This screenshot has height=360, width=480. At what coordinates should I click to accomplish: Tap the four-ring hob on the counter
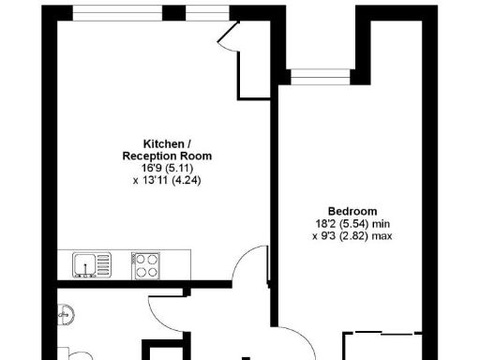point(145,264)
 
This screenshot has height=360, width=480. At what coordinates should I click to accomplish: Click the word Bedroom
point(352,211)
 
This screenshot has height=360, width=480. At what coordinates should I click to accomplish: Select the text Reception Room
point(168,156)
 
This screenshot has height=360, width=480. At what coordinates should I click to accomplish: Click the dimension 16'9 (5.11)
point(168,168)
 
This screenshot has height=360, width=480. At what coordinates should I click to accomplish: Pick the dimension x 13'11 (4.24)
point(168,180)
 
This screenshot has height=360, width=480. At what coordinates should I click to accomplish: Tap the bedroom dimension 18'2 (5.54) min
point(352,224)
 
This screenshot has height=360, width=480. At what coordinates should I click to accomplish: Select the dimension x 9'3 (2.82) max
point(352,236)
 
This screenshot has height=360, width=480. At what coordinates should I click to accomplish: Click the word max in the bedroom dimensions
point(381,236)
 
